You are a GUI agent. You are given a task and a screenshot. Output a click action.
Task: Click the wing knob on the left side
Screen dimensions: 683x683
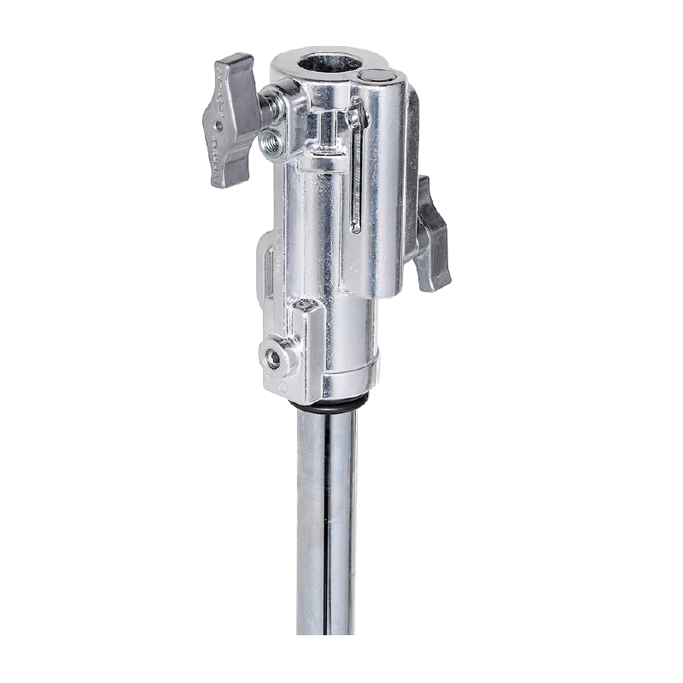click(x=231, y=120)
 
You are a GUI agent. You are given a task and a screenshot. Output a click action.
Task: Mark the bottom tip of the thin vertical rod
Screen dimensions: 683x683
click(x=357, y=228)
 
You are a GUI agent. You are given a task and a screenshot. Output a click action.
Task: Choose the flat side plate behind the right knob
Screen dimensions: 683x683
click(x=401, y=196)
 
